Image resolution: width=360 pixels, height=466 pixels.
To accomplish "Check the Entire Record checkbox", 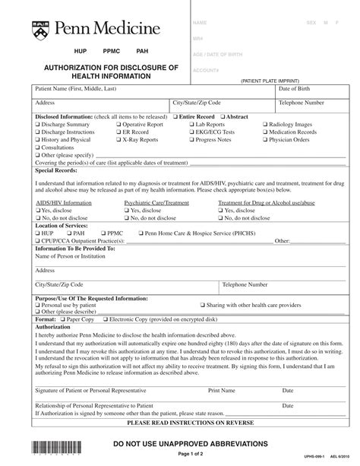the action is (173, 116).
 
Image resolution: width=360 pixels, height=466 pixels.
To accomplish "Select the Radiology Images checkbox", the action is (266, 124).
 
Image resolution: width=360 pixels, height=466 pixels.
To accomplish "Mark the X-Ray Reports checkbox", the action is (118, 140).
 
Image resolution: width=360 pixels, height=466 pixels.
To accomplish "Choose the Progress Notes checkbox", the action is (190, 140).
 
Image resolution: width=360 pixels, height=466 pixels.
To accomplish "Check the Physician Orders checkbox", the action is (266, 140).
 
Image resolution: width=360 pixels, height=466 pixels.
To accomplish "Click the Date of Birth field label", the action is (306, 89).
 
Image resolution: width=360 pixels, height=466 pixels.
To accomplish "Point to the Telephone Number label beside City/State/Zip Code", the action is (302, 102).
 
